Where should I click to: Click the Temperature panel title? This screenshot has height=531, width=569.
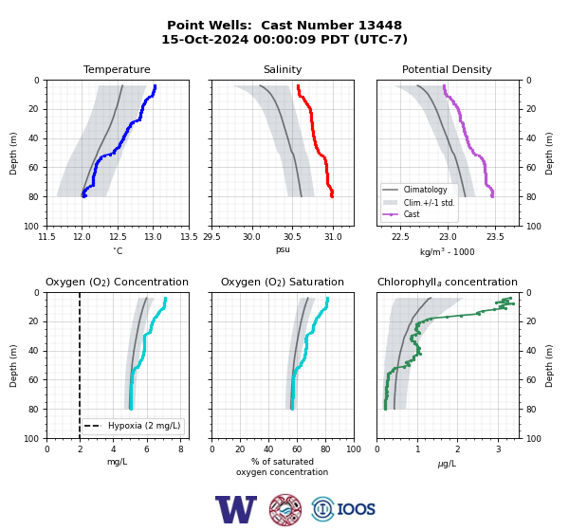point(117,69)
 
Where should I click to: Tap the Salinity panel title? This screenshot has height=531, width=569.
point(283,69)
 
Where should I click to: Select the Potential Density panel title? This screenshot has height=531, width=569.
point(447,69)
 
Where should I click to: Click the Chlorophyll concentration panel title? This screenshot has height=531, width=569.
point(448,282)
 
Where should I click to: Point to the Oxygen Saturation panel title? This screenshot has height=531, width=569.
point(283,282)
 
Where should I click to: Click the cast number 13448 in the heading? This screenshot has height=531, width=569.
point(380,25)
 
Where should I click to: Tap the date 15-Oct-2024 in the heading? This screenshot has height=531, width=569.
point(205,39)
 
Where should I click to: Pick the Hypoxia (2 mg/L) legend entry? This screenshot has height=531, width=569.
point(133,426)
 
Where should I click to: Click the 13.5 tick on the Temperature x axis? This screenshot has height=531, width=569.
point(189,237)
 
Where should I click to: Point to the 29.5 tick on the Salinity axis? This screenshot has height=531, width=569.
point(211,237)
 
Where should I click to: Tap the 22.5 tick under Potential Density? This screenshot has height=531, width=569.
point(400,237)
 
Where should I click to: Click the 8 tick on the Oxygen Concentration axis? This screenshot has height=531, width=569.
point(181,449)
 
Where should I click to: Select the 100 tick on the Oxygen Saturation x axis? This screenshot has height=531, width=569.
point(354,449)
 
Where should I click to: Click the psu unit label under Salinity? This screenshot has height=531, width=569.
point(283,249)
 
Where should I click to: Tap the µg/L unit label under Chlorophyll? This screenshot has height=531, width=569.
point(447,464)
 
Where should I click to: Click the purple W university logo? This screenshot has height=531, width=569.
point(236,509)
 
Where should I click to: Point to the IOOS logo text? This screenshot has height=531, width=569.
point(356,509)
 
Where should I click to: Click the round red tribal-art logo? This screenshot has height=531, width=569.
point(285,509)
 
